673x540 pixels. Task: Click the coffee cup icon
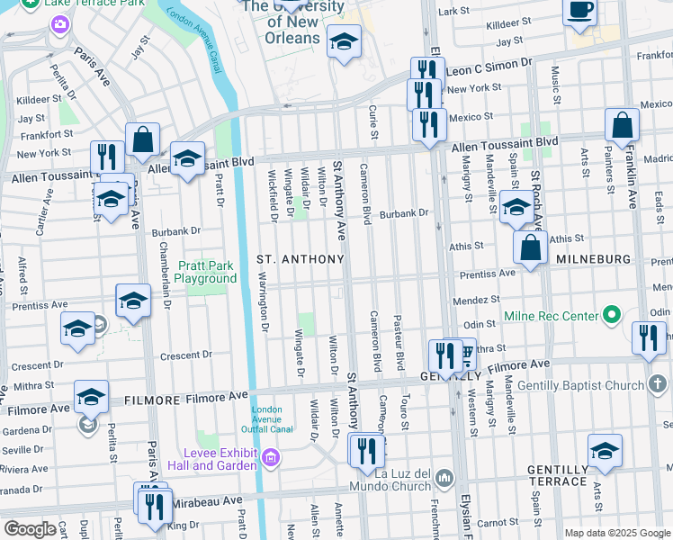[x=580, y=12]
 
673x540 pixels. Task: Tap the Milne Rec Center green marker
[x=613, y=315]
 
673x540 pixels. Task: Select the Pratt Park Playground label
[x=206, y=272]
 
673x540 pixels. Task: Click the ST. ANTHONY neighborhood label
[x=301, y=259]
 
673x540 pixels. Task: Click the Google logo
[x=30, y=529]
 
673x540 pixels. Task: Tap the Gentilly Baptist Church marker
[x=659, y=384]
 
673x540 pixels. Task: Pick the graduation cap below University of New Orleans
[x=343, y=42]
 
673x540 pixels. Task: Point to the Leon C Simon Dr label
[x=489, y=68]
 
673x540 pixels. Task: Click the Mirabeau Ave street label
[x=209, y=500]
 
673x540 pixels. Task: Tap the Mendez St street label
[x=482, y=298]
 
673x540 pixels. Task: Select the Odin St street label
[x=480, y=324]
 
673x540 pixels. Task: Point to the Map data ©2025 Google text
[x=616, y=533]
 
